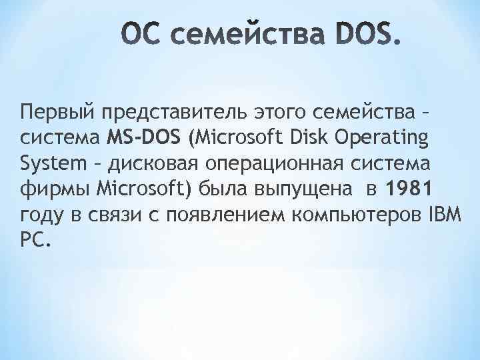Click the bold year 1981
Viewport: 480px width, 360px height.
[407, 189]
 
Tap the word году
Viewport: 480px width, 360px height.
[41, 215]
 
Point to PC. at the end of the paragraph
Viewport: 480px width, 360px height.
[35, 240]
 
